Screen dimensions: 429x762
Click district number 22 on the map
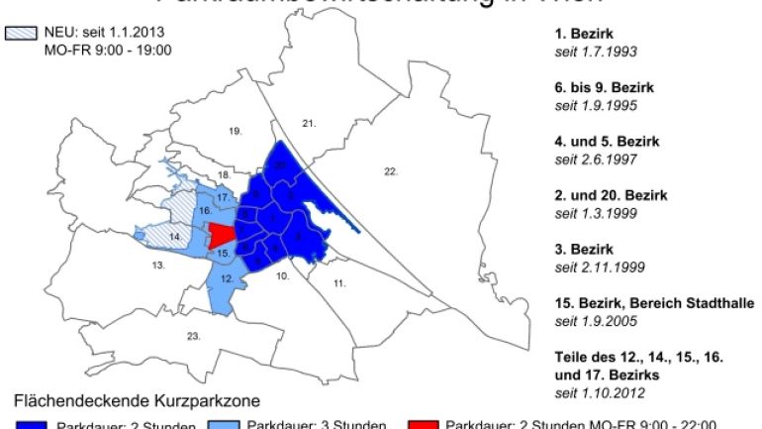[x=390, y=172]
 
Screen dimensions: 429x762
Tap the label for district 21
[x=309, y=122]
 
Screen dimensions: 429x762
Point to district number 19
[x=235, y=131]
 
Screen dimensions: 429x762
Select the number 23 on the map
[x=195, y=336]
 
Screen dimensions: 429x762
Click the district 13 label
[x=157, y=266]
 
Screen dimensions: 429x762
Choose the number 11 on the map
[x=338, y=283]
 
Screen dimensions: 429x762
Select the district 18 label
[x=224, y=174]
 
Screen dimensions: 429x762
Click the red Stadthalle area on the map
[x=222, y=236]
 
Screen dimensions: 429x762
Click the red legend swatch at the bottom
[x=423, y=424]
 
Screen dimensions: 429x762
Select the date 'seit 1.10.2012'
[x=600, y=393]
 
